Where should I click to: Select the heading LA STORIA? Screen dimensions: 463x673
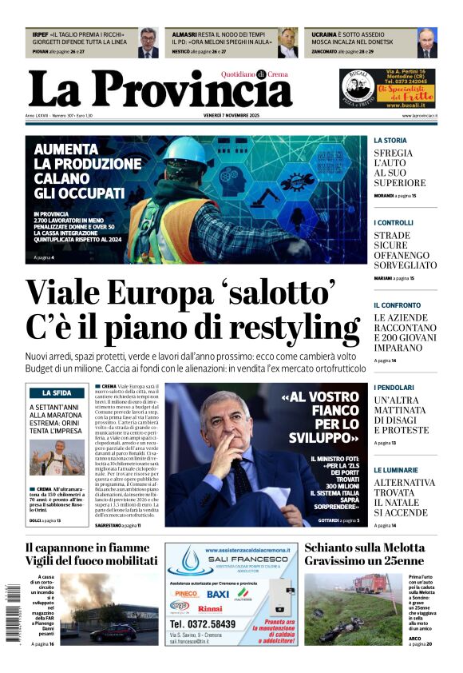click(390, 141)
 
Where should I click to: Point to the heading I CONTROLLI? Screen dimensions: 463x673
click(394, 222)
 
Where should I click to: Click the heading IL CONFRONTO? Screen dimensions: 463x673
click(397, 305)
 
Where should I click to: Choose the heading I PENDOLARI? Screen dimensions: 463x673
click(395, 388)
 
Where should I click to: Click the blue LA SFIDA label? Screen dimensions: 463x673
click(57, 393)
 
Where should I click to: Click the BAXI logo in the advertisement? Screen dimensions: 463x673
click(217, 595)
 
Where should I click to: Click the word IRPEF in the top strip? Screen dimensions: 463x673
click(40, 35)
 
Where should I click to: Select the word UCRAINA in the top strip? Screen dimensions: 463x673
click(324, 35)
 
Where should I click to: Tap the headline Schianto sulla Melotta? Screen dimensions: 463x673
click(364, 548)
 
